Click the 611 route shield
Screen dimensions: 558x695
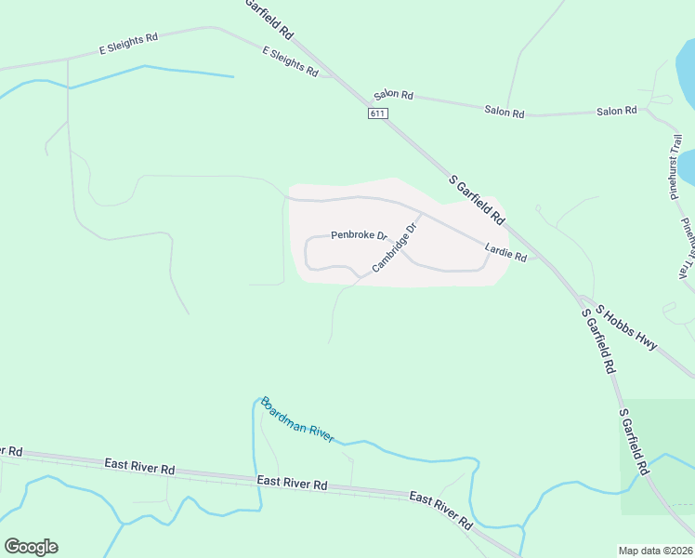point(376,113)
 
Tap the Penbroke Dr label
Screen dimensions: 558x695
point(359,235)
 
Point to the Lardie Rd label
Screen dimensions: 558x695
point(506,251)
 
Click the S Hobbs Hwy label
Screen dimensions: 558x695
point(627,328)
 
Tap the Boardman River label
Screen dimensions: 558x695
point(297,419)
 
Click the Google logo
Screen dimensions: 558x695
point(31,547)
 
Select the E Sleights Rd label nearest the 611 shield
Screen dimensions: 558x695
point(290,61)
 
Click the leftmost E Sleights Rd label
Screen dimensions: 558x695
point(129,44)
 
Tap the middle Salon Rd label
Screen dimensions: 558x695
point(505,112)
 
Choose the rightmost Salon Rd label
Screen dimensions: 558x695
point(617,111)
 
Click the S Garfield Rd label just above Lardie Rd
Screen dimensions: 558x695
point(477,200)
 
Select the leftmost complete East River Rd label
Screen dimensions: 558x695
point(139,468)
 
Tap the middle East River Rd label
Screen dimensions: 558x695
point(293,483)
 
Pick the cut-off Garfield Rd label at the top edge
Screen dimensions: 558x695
point(270,18)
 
